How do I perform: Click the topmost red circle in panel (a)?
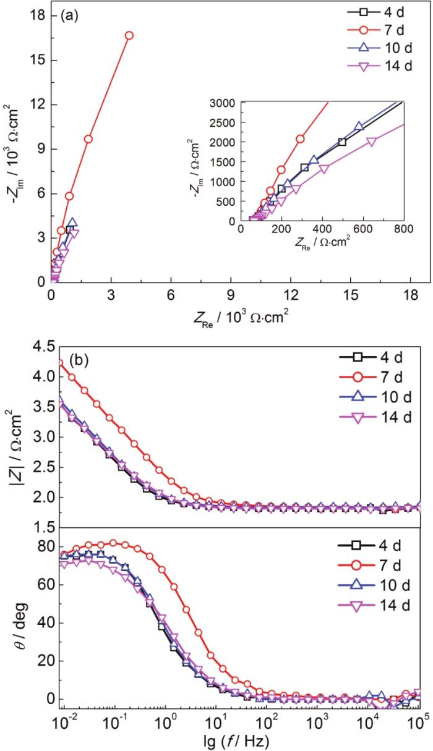pos(129,35)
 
